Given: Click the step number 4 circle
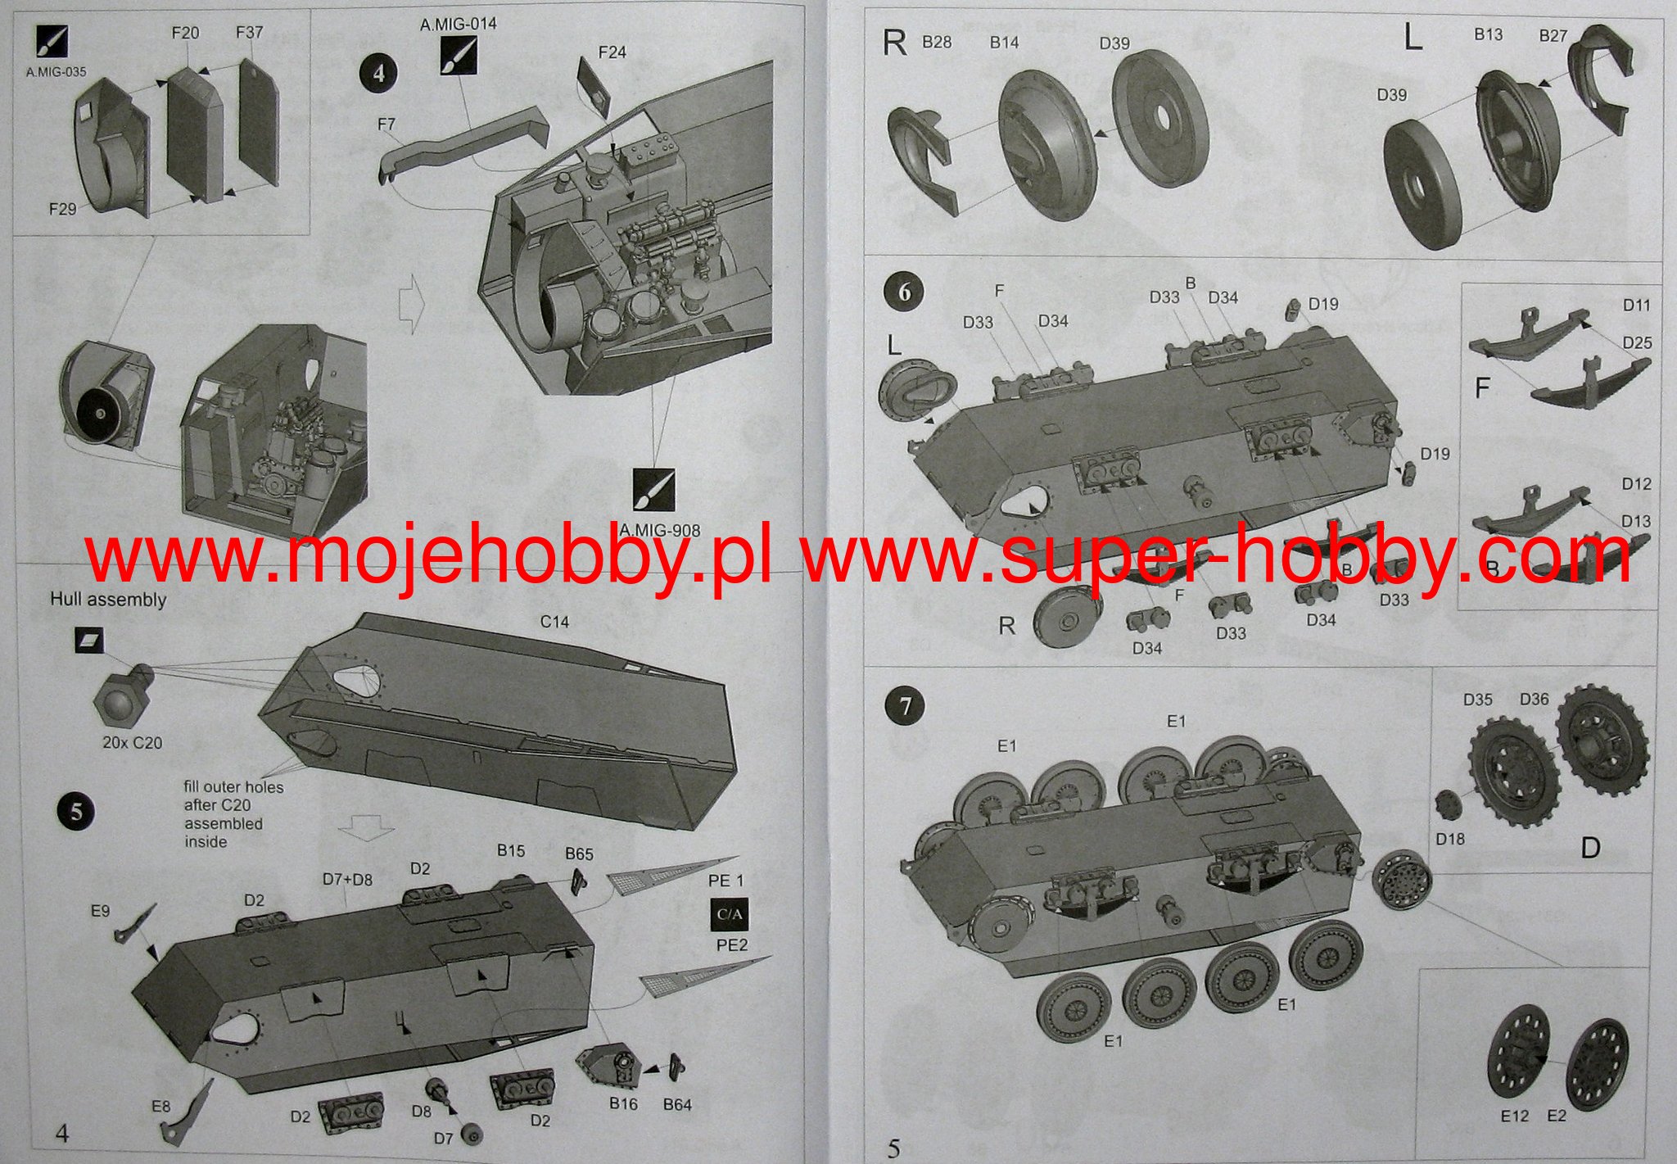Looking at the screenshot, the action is click(378, 74).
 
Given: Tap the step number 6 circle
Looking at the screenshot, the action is click(904, 292).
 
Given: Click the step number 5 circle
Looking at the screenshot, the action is click(76, 812).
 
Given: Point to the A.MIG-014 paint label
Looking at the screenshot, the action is click(459, 25).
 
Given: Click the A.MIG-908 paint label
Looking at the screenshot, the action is click(660, 530).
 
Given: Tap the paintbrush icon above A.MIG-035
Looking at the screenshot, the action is click(52, 41).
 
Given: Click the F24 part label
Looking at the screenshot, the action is click(612, 52).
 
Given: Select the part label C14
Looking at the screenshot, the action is click(554, 623).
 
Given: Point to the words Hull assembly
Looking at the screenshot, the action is click(108, 600).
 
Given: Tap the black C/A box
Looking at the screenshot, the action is click(730, 914).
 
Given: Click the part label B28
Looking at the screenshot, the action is click(937, 42).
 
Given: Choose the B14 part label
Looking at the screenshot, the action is click(1004, 43).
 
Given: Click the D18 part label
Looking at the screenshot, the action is click(1450, 839).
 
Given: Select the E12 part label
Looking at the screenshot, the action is click(1515, 1116).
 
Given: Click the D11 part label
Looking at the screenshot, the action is click(1637, 305).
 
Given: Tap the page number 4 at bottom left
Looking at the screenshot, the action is click(62, 1133).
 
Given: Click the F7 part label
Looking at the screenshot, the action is click(386, 125).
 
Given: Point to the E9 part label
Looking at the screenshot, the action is click(100, 911).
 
